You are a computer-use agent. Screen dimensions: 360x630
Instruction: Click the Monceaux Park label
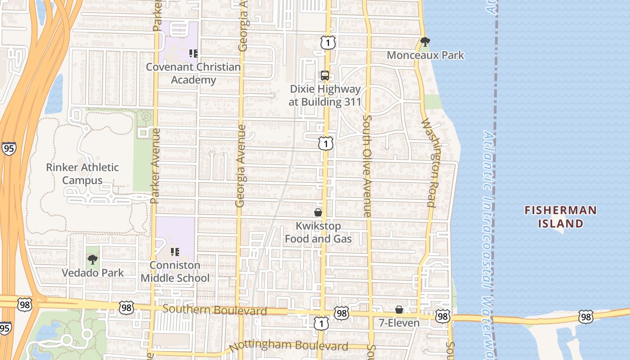(425, 55)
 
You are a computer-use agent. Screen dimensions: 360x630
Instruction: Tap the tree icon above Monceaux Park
(425, 42)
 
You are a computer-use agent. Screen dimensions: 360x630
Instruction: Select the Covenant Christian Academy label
(193, 73)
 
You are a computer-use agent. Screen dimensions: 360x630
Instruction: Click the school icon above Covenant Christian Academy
(193, 54)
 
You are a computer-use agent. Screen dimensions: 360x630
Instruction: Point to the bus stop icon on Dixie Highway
(325, 76)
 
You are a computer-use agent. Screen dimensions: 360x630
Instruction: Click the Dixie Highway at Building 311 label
(325, 95)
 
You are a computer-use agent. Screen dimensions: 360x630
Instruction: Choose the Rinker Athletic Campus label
(82, 174)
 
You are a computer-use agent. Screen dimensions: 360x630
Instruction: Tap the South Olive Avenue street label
(367, 166)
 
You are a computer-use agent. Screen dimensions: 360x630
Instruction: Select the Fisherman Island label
(561, 216)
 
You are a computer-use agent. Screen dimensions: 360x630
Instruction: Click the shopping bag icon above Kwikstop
(318, 212)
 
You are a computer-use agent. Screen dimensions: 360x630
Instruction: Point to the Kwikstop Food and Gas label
(318, 232)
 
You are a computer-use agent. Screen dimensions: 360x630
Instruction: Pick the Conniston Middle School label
(175, 271)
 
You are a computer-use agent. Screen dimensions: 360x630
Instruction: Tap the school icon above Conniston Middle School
(175, 252)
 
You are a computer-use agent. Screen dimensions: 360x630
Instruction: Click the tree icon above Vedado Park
(93, 260)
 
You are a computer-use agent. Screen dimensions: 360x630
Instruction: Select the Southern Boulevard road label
(215, 310)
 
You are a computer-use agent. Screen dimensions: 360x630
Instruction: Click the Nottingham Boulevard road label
(288, 346)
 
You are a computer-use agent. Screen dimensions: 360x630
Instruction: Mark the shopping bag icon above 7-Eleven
(399, 310)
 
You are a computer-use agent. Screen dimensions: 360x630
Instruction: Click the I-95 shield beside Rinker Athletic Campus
(9, 148)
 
